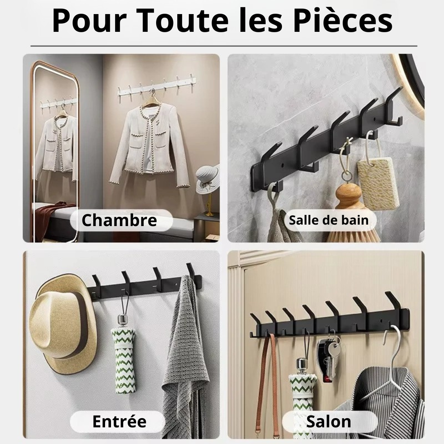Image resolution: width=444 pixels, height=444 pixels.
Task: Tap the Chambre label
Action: tap(119, 221)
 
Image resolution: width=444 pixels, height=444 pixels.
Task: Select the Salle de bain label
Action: tap(329, 220)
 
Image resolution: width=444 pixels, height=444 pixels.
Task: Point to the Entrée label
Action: tap(119, 421)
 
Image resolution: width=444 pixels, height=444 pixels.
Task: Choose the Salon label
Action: tap(329, 421)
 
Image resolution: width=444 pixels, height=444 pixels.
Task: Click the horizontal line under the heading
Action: tap(223, 46)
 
